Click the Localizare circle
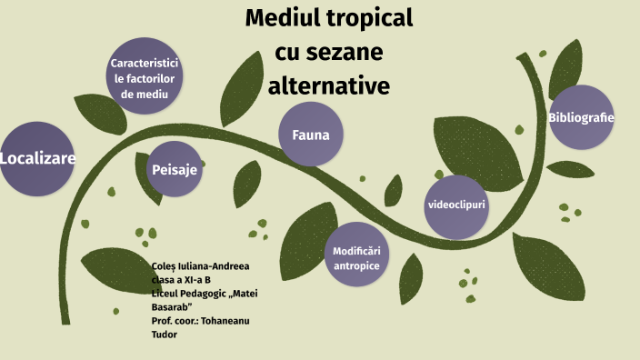36,159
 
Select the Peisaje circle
175,169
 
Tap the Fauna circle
310,135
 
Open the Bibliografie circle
581,117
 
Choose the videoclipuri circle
457,205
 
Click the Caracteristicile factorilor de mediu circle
144,78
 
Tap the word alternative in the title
328,85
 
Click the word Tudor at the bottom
165,335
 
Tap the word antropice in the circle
356,265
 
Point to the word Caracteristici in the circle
144,64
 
